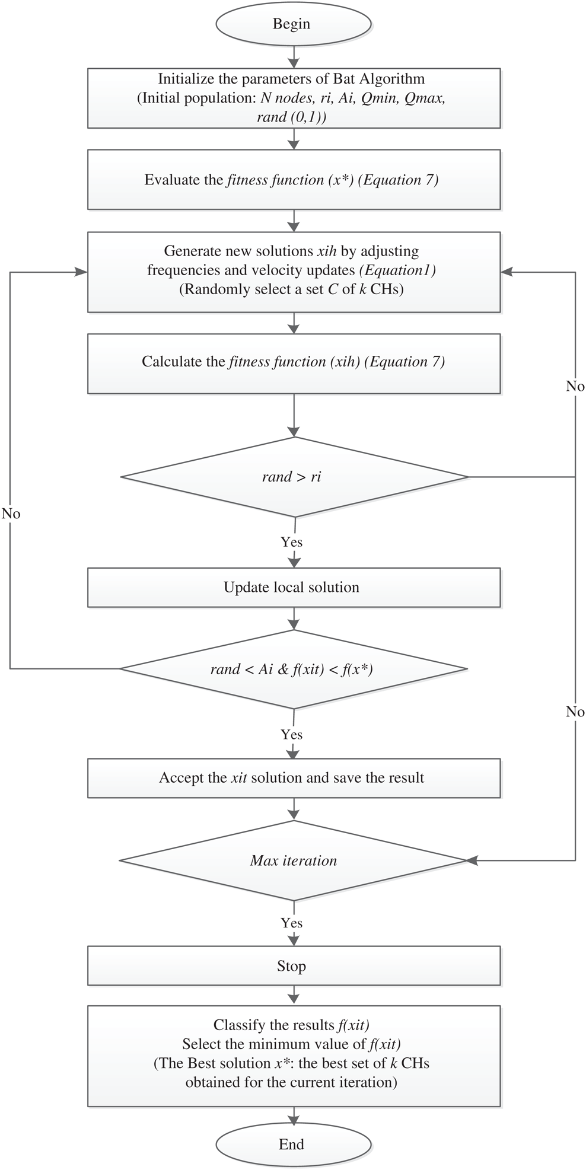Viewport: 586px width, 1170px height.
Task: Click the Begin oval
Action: [293, 24]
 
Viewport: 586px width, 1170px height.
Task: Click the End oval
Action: [293, 1144]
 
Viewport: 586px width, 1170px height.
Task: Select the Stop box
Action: [293, 966]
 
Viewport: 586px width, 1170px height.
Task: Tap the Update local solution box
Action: [293, 588]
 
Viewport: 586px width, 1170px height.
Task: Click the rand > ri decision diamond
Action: [293, 477]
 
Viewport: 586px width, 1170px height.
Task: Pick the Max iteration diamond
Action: [293, 860]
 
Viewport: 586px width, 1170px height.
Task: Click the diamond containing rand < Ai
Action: [293, 670]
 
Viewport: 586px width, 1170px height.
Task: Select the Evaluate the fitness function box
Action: [293, 180]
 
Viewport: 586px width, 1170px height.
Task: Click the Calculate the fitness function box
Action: [293, 362]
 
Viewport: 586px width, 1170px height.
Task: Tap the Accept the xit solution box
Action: [293, 778]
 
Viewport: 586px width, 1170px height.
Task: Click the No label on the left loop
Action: [11, 514]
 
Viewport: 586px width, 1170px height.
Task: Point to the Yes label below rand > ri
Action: [291, 542]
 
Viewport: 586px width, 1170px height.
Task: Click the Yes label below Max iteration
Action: [291, 923]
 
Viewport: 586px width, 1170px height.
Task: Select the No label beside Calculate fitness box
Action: [575, 387]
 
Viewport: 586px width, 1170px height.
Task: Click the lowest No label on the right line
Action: [575, 712]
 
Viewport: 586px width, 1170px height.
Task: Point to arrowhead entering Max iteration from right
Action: [472, 860]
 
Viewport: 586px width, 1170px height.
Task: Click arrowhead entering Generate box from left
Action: [81, 272]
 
